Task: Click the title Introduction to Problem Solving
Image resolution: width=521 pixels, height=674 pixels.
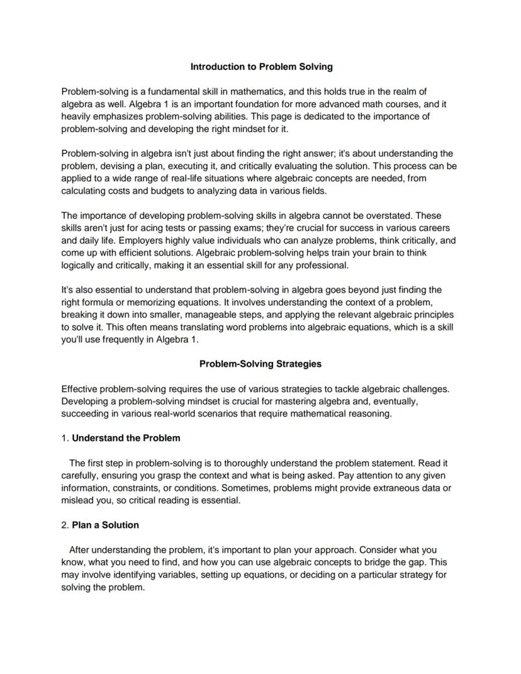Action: point(261,66)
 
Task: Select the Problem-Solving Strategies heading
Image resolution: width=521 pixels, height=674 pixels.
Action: point(260,364)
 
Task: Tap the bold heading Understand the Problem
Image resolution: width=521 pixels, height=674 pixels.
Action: point(126,438)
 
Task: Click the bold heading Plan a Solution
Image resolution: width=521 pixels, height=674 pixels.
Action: point(105,525)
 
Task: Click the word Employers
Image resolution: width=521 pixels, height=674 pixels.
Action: point(122,240)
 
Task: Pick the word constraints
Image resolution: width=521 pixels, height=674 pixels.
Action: point(135,488)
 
